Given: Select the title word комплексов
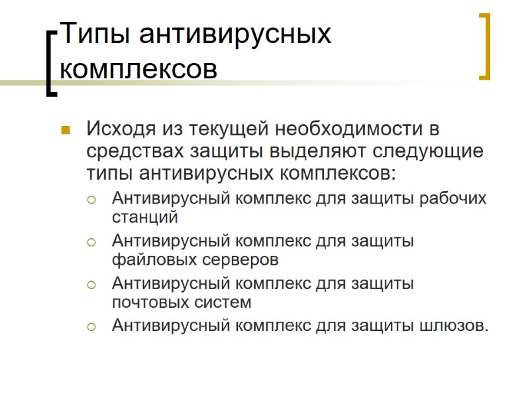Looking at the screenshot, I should click(x=138, y=68).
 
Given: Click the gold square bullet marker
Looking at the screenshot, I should click(x=65, y=129).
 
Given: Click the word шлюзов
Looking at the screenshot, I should click(x=454, y=326).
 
